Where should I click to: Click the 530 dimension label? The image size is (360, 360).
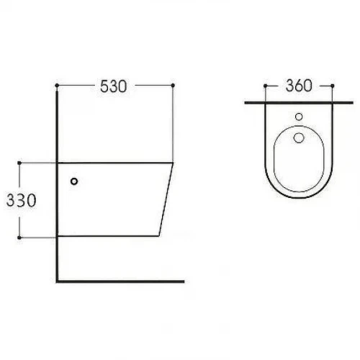pos(113,86)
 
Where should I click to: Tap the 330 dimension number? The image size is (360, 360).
pos(22,200)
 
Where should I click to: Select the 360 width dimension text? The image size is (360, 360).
pos(299,86)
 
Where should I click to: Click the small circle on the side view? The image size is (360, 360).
pos(74,181)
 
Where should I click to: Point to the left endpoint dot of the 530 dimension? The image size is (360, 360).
pos(57,86)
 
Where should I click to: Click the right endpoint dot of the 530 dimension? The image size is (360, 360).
pos(173,85)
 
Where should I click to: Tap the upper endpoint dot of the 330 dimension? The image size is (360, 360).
pos(19,163)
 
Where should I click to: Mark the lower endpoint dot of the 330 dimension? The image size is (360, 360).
pos(19,238)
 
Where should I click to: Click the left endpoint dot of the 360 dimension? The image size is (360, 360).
pos(265,86)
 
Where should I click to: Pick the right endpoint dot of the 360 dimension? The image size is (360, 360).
pos(333,86)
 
